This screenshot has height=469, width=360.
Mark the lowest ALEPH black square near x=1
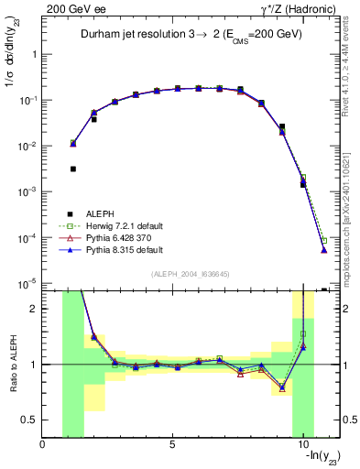[x=73, y=169]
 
